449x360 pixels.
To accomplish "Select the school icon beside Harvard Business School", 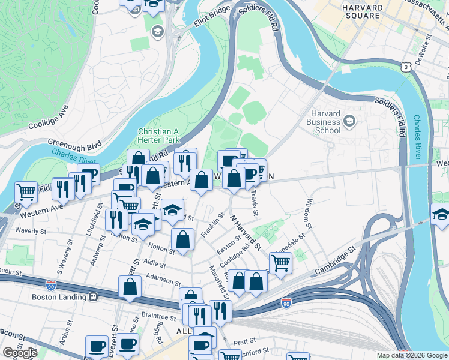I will [x=350, y=122].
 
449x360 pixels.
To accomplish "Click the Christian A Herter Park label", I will [x=159, y=135].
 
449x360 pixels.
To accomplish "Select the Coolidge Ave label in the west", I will [x=48, y=118].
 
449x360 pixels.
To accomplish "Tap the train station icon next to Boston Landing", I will [x=93, y=296].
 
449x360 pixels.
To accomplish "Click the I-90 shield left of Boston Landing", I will [x=52, y=285].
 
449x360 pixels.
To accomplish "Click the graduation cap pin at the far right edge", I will [x=441, y=215].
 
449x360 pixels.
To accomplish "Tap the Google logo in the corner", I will [x=20, y=353].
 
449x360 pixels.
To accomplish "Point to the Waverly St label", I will [x=31, y=230].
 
